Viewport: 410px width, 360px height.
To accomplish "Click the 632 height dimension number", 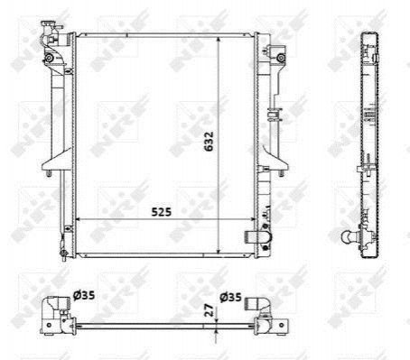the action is [209, 141].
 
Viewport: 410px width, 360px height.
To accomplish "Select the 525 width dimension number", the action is [161, 212].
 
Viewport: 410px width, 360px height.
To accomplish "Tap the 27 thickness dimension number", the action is [209, 309].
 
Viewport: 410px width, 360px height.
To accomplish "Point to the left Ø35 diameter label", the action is [84, 295].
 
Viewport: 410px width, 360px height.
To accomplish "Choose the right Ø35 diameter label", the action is [230, 297].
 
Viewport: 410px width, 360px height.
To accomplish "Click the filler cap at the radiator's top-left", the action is [49, 25].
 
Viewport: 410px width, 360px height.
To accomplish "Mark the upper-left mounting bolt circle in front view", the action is [49, 58].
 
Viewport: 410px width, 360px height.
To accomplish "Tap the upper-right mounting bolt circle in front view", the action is [281, 58].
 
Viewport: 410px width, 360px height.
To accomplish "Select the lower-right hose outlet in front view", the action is [257, 237].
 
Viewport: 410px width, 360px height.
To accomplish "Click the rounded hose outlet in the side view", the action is [350, 236].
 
